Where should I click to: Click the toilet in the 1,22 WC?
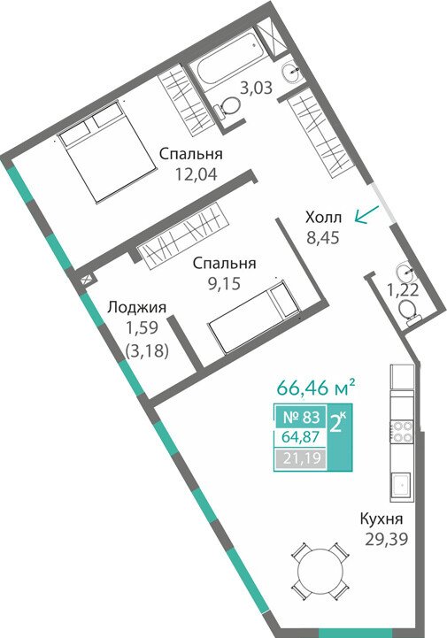pyautogui.click(x=408, y=311)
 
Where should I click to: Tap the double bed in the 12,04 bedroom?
pyautogui.click(x=107, y=152)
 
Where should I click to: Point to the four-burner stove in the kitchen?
pyautogui.click(x=402, y=432)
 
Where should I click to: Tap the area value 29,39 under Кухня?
pyautogui.click(x=386, y=539)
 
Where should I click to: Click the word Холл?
pyautogui.click(x=324, y=218)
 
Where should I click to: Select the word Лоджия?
pyautogui.click(x=137, y=308)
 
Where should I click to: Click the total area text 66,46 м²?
pyautogui.click(x=313, y=388)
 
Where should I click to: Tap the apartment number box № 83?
pyautogui.click(x=301, y=417)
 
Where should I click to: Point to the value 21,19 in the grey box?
pyautogui.click(x=302, y=458)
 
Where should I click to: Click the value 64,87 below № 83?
pyautogui.click(x=301, y=437)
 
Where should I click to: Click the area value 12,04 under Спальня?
pyautogui.click(x=197, y=174)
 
